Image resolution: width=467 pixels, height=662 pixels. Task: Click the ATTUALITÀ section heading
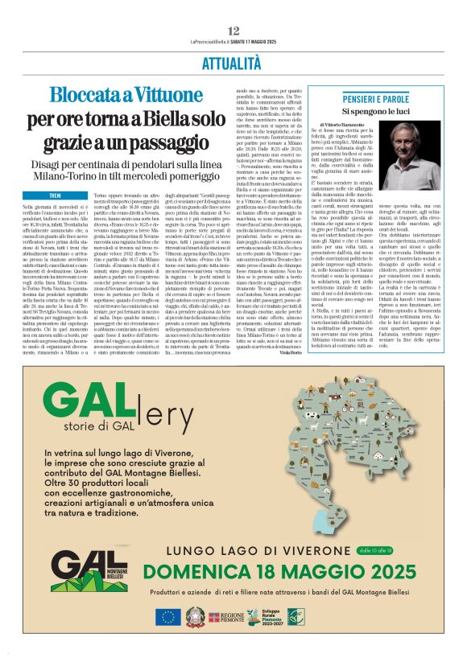[233, 64]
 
